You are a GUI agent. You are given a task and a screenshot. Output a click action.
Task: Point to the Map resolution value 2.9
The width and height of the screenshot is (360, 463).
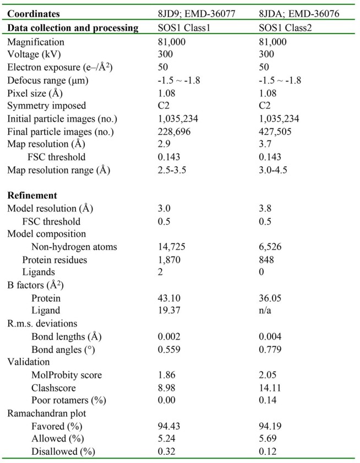click(164, 145)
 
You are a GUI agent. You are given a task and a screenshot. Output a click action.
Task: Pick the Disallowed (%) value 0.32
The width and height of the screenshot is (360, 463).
click(166, 451)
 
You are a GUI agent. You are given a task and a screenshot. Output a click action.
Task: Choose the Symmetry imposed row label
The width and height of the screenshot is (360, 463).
click(42, 105)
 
